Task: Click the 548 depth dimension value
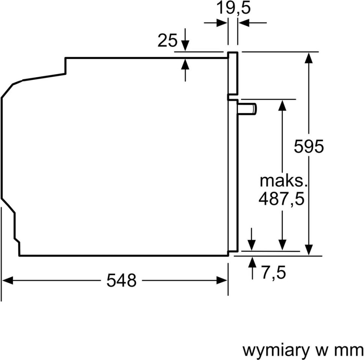[x=121, y=280]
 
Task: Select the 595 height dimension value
[x=308, y=146]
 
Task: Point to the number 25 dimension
[x=167, y=40]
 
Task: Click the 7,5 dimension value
[x=274, y=273]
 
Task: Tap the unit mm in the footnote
[x=349, y=350]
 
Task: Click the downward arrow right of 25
[x=185, y=45]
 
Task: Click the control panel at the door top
[x=233, y=73]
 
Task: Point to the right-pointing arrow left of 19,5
[x=222, y=23]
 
